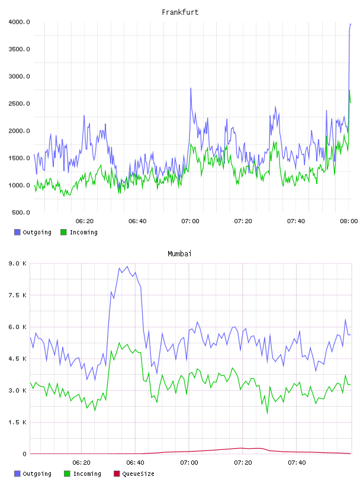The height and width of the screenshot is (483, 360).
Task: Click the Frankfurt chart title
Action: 180,12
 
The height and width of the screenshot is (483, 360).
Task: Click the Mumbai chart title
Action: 179,254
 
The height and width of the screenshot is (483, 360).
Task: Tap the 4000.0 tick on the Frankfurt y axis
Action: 19,22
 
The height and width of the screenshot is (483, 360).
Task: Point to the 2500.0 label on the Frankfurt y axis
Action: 19,104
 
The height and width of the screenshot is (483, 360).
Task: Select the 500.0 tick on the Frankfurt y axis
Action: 21,212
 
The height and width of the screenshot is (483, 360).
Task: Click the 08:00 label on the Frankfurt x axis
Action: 349,221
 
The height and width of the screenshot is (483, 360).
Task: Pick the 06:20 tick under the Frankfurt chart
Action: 85,221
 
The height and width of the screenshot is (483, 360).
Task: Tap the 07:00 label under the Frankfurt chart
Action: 190,221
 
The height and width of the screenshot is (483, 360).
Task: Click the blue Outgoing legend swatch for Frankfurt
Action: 17,232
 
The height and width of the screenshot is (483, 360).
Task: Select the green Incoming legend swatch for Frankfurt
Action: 63,232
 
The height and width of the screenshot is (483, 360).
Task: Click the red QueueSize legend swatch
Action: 117,474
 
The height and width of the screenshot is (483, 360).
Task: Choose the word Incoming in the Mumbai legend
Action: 87,474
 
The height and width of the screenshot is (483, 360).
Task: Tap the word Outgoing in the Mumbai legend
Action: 37,474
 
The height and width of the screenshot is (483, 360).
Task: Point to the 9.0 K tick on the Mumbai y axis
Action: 18,263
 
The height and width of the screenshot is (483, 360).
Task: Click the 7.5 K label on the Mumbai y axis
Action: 18,295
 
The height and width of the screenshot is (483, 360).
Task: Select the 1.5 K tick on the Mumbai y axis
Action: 18,422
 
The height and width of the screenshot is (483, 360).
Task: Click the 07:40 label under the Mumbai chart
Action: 297,463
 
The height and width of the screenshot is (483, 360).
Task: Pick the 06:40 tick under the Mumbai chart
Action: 136,463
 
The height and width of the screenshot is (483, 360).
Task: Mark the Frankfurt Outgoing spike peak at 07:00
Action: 191,88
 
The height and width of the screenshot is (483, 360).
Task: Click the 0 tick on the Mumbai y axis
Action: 25,454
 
